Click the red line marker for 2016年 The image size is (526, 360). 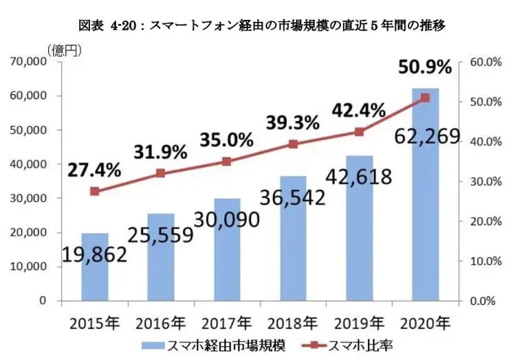pos(160,173)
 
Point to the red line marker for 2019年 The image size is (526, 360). pos(359,132)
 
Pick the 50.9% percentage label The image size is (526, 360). pos(425,67)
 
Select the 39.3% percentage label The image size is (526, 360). pos(293,123)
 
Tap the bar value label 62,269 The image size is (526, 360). pos(427,137)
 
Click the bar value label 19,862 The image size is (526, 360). pos(95,256)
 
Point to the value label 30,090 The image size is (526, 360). pos(227,220)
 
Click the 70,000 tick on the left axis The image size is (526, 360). pos(29,62)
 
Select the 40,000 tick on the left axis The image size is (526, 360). pos(29,164)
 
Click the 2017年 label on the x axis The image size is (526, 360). pos(227,322)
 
